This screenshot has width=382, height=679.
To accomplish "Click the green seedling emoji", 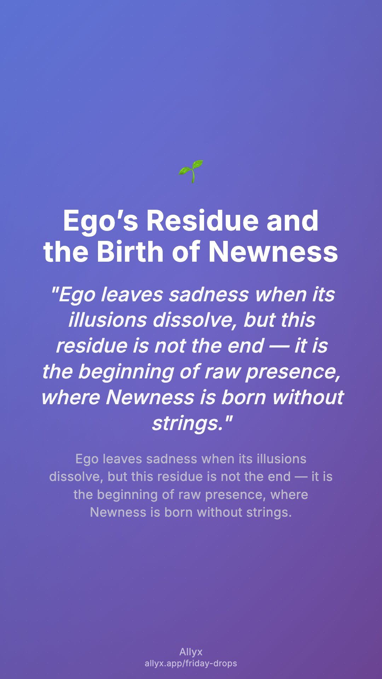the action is (x=191, y=172).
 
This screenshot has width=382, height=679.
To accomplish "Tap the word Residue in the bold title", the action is (x=203, y=221).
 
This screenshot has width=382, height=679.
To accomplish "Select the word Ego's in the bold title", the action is (x=100, y=221).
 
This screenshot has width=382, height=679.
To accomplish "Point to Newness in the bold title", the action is (x=273, y=251).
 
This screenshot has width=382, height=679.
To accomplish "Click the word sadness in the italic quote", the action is (x=209, y=294).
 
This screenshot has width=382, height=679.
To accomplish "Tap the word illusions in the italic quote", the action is (x=108, y=320).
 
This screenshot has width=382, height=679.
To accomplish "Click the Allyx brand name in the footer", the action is (x=191, y=652).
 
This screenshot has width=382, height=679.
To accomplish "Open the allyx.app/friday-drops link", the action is (x=191, y=663).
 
